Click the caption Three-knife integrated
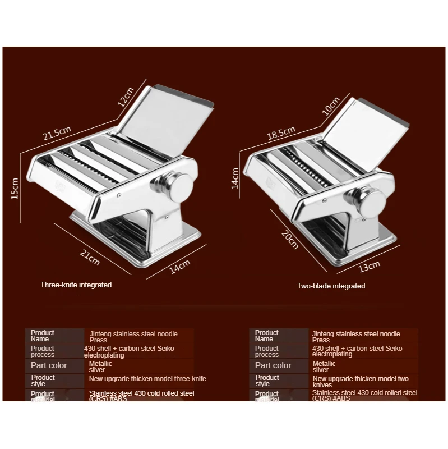pos(76,285)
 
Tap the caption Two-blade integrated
pos(331,286)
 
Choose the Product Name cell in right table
pos(267,336)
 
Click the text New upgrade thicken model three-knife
pos(147,379)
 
